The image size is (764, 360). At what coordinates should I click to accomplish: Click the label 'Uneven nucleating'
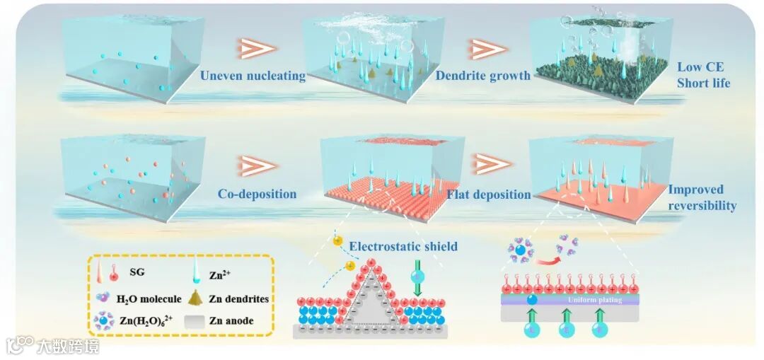[x=253, y=76]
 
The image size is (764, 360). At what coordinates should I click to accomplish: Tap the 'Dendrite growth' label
[x=483, y=76]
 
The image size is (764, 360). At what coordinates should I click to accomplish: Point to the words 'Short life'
[x=703, y=83]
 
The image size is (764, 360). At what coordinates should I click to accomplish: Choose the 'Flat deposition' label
[x=488, y=194]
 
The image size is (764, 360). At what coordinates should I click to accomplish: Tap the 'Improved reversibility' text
[x=702, y=197]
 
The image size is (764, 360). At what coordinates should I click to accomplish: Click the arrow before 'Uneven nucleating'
[x=253, y=48]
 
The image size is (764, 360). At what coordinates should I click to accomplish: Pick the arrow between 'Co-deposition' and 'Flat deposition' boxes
[x=491, y=165]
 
